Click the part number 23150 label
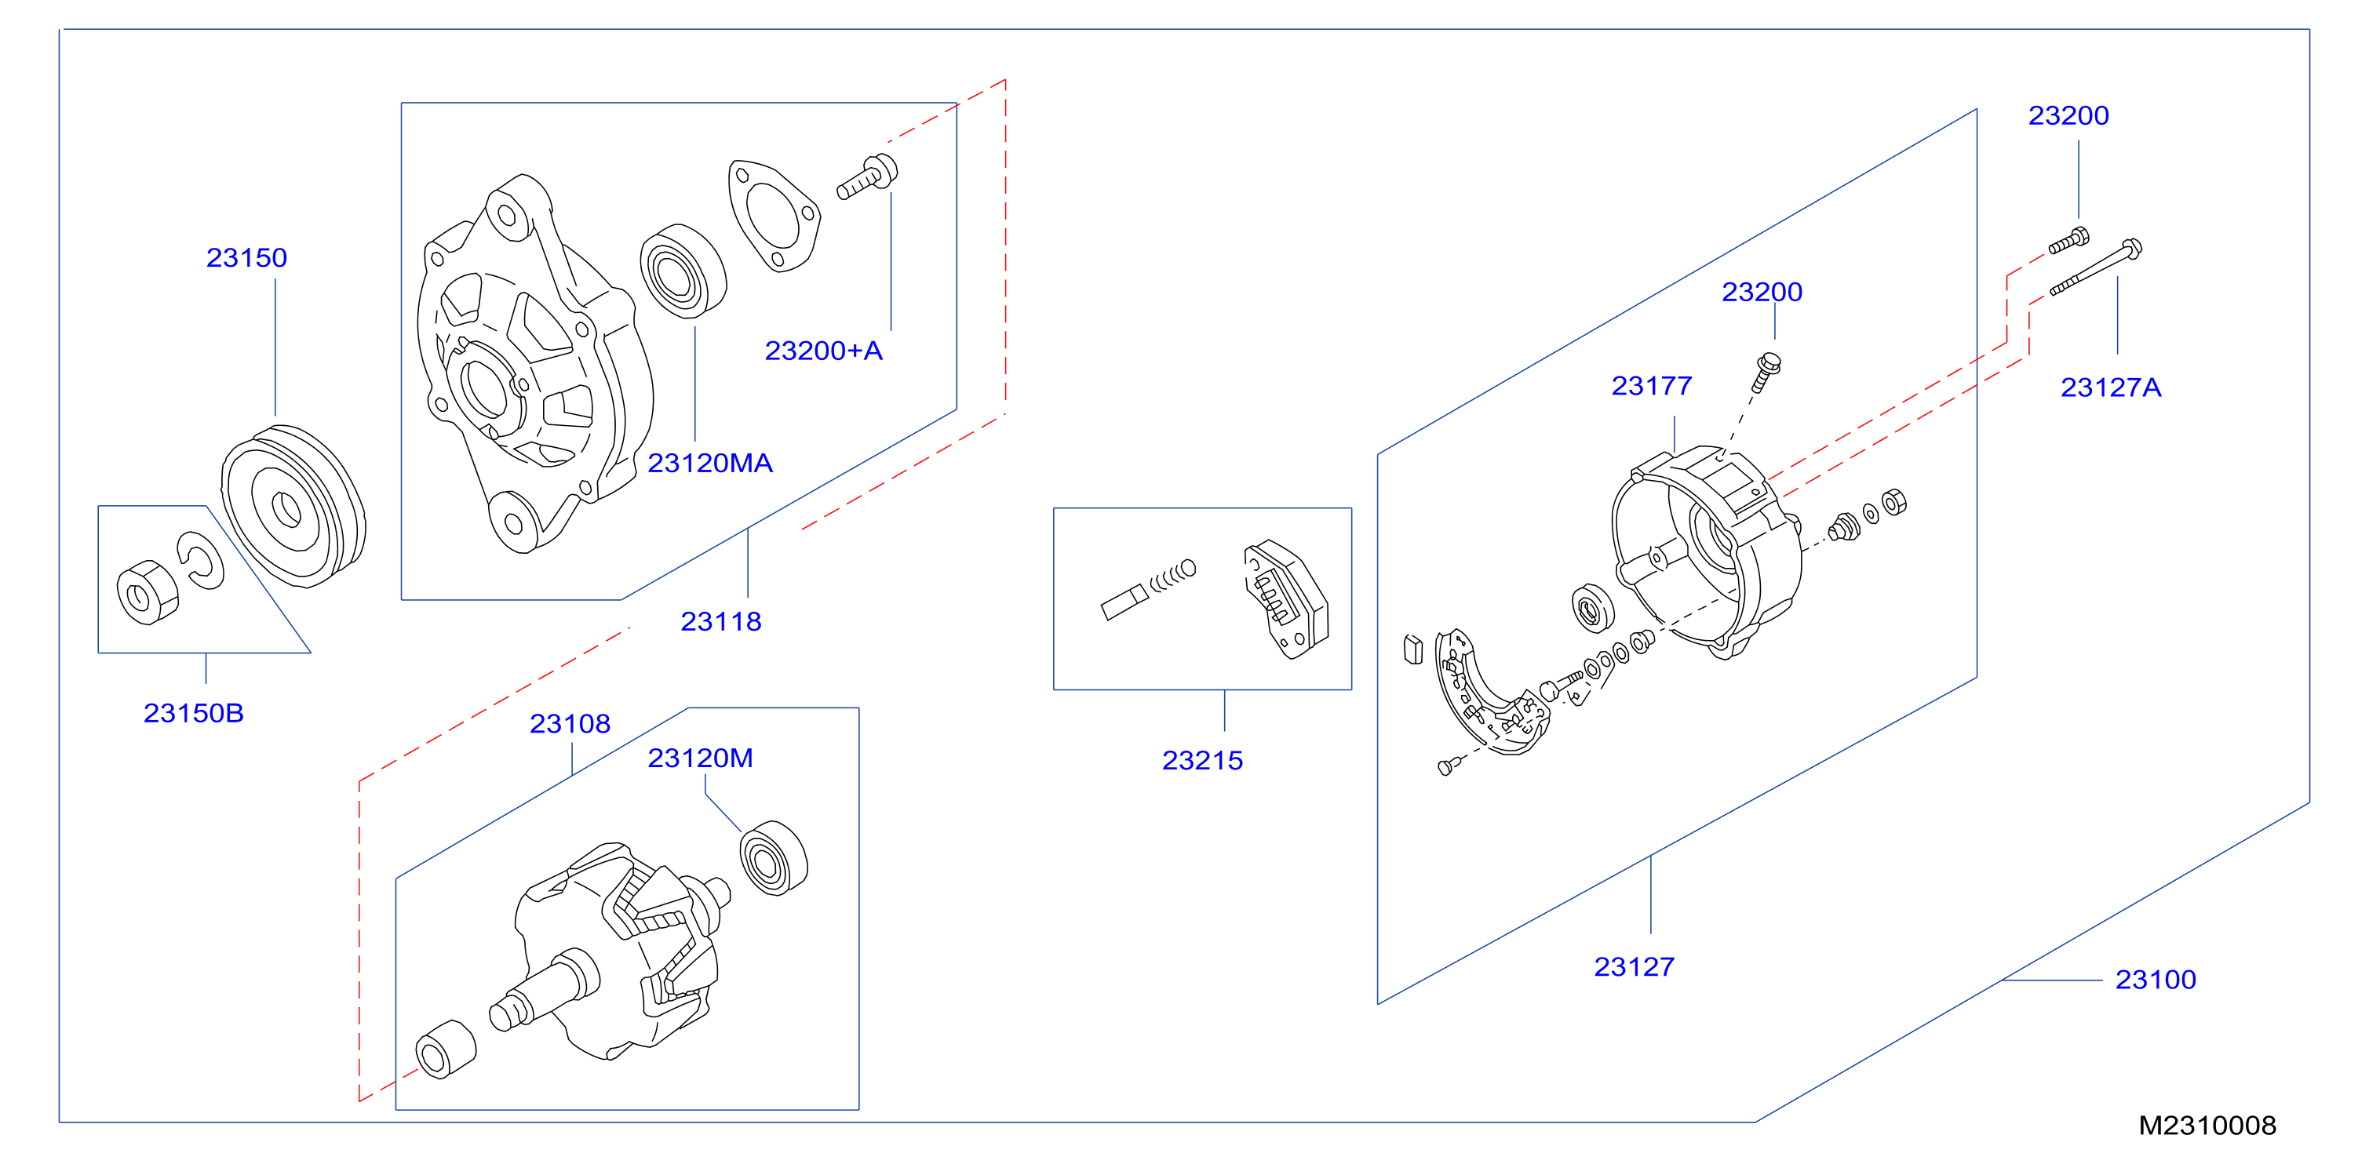tap(246, 257)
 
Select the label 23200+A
tap(823, 351)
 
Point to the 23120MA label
tap(710, 463)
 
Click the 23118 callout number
tap(721, 621)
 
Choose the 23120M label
tap(700, 758)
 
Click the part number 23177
tap(1652, 385)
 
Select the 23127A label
tap(2111, 387)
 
